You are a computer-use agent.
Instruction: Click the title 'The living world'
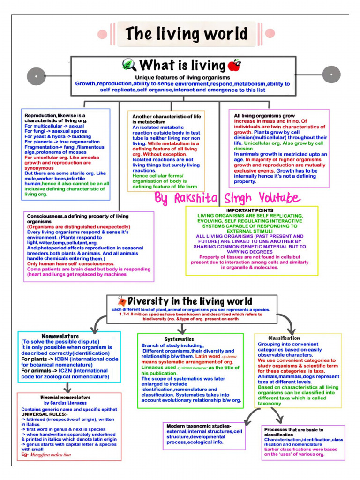point(186,34)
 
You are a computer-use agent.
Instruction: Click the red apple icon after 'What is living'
point(233,65)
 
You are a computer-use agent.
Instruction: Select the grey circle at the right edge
point(331,75)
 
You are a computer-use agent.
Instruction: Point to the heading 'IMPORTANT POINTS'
point(250,210)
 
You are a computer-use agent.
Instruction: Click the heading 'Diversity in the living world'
point(189,301)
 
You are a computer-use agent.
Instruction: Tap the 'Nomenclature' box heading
point(60,336)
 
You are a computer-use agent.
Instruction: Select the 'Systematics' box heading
point(179,339)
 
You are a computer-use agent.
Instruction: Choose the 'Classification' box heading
point(284,337)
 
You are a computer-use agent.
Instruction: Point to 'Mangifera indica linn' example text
point(52,455)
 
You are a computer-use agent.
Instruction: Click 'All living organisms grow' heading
point(264,115)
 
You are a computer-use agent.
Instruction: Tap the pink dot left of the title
point(101,34)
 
